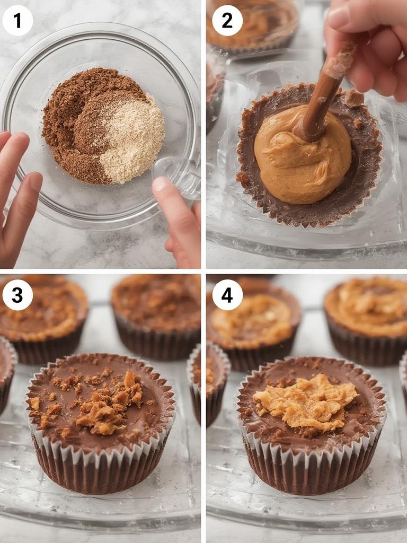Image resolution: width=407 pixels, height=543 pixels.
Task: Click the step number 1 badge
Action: pos(17,20)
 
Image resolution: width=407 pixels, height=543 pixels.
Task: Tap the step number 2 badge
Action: pos(227,20)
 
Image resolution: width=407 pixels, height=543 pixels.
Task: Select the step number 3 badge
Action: pos(17,295)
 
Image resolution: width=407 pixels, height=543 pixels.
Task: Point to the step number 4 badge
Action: pos(227,295)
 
